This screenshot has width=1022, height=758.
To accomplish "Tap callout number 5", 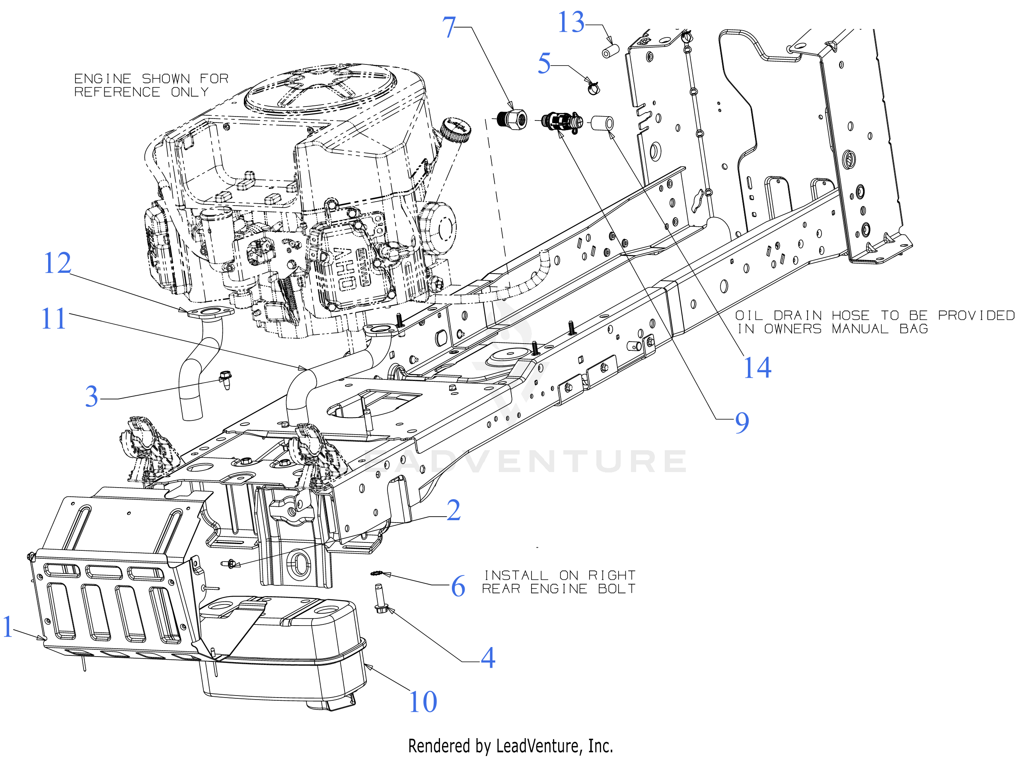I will (544, 63).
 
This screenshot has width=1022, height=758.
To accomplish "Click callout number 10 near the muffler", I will (422, 702).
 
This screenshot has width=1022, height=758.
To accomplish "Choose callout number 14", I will (757, 367).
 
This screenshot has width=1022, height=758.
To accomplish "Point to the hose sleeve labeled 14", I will (602, 123).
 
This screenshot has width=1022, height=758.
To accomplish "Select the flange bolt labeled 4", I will (380, 599).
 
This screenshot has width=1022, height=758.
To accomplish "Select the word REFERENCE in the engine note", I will (117, 92).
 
